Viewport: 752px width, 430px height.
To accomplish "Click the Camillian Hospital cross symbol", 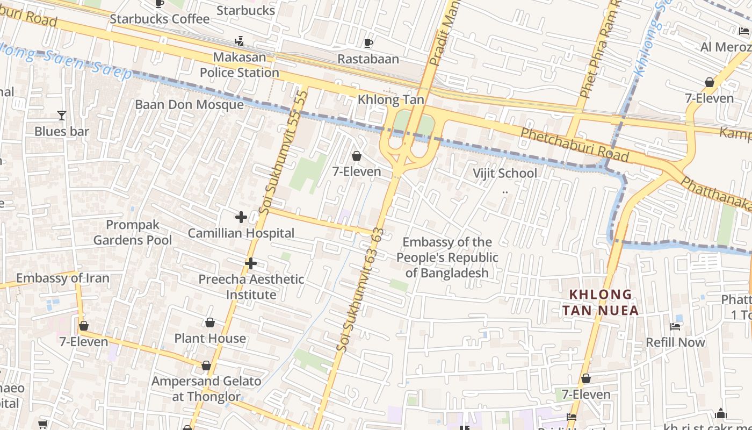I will click(241, 217).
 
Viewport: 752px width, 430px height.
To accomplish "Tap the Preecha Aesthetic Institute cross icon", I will click(250, 263).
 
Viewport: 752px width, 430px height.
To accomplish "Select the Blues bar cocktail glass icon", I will click(62, 115).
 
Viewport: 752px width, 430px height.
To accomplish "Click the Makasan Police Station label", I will click(240, 65).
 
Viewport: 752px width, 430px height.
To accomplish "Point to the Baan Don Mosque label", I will click(189, 104).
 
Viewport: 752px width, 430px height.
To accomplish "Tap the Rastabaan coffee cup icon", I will click(368, 43).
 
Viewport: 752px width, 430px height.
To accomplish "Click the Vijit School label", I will click(504, 173).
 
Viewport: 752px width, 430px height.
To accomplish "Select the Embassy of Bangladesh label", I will click(447, 257).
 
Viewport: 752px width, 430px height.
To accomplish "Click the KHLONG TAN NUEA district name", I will click(601, 302).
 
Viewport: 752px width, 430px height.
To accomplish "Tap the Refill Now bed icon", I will click(675, 326).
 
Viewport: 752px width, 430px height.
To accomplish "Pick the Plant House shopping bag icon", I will click(210, 322).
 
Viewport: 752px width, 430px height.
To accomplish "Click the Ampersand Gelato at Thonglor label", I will click(206, 389).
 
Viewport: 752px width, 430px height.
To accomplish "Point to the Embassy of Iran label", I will click(63, 278).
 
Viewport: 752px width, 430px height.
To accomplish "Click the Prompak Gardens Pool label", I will click(133, 232).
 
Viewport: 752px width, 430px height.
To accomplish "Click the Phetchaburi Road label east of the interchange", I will click(574, 144).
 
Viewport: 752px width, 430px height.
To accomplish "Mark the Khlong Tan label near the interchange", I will click(391, 99).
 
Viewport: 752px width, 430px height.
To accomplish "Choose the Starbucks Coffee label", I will click(160, 19).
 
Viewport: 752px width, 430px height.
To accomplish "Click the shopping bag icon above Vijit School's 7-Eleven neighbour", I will click(356, 156).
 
